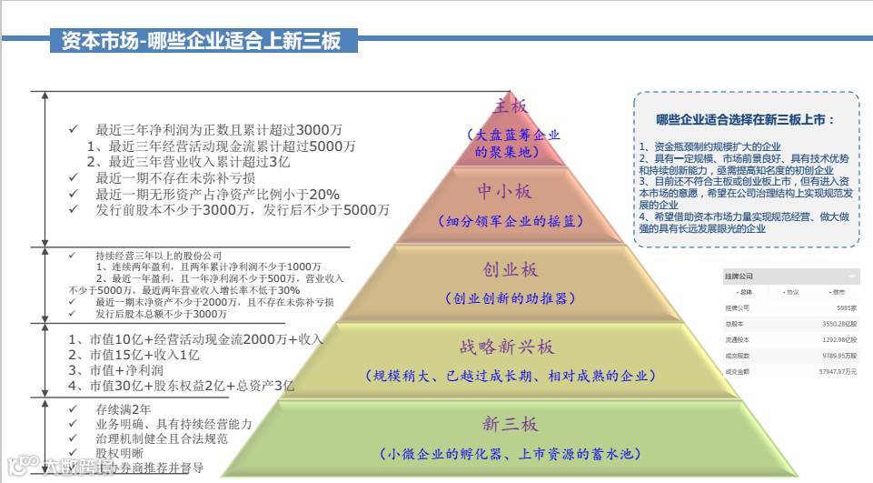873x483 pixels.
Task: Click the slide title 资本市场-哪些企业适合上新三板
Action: pyautogui.click(x=201, y=41)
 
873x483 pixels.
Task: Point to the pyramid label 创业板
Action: pyautogui.click(x=511, y=270)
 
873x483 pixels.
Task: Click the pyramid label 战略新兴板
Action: pyautogui.click(x=508, y=347)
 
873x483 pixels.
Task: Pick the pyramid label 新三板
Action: pyautogui.click(x=511, y=425)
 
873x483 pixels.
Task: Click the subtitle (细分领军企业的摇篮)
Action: pyautogui.click(x=511, y=221)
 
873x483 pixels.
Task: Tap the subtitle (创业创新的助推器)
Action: pyautogui.click(x=511, y=298)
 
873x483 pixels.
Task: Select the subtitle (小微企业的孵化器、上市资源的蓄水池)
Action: pyautogui.click(x=511, y=454)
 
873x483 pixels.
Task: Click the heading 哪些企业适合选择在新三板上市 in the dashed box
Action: pyautogui.click(x=745, y=119)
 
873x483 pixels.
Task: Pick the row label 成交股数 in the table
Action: pyautogui.click(x=737, y=356)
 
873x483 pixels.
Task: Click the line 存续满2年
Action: pyautogui.click(x=124, y=409)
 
